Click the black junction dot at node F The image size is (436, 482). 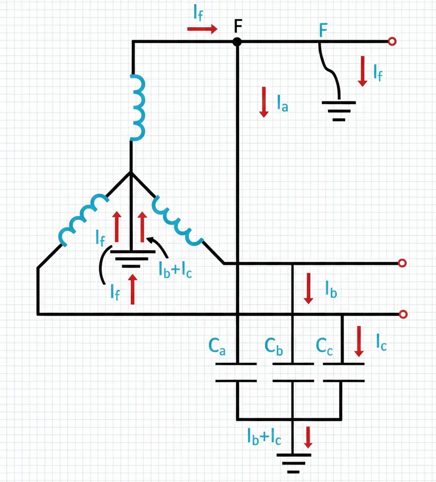click(237, 42)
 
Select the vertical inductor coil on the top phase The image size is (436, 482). click(138, 107)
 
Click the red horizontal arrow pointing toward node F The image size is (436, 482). click(202, 29)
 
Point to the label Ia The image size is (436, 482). click(282, 104)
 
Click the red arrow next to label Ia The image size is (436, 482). click(264, 102)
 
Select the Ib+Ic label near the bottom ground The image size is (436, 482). click(264, 438)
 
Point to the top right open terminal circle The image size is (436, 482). click(392, 42)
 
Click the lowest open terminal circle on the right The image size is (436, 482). click(402, 315)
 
